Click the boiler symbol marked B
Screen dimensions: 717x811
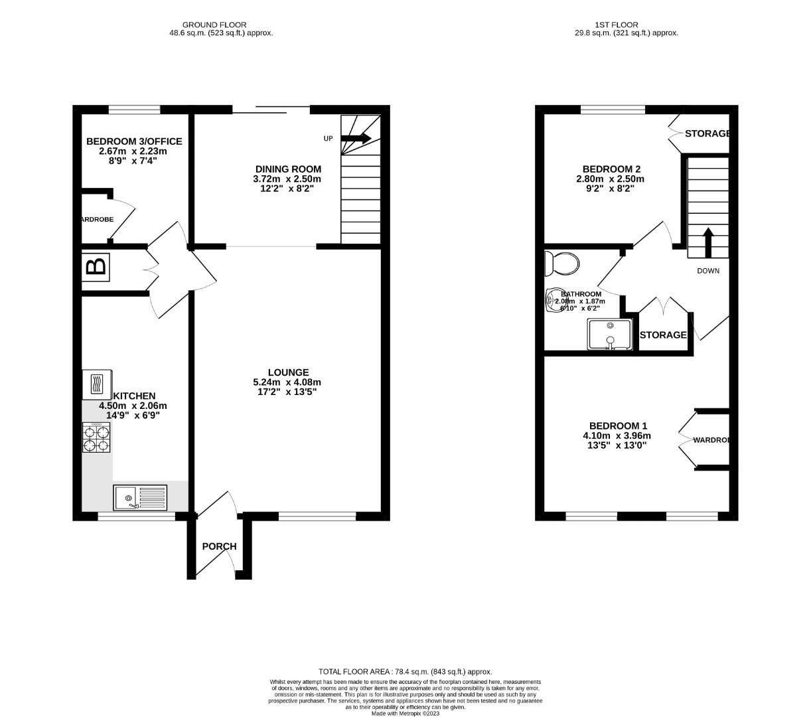pyautogui.click(x=96, y=267)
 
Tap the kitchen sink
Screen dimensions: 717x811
pyautogui.click(x=141, y=497)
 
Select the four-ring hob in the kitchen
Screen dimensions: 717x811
pyautogui.click(x=97, y=438)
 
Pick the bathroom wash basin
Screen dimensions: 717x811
pyautogui.click(x=554, y=301)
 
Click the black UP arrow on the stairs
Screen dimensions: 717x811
pyautogui.click(x=357, y=138)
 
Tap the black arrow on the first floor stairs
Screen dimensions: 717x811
pyautogui.click(x=707, y=242)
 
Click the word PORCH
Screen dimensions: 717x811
pyautogui.click(x=219, y=546)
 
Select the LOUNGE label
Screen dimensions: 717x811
pyautogui.click(x=288, y=372)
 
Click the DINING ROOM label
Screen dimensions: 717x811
pyautogui.click(x=288, y=169)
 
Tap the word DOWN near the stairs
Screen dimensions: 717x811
pyautogui.click(x=707, y=271)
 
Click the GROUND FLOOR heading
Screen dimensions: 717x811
pyautogui.click(x=218, y=25)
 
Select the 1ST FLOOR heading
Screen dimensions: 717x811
pyautogui.click(x=626, y=25)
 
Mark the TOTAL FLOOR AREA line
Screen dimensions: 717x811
pyautogui.click(x=405, y=671)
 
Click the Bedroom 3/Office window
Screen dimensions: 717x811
pyautogui.click(x=135, y=110)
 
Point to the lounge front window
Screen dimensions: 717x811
pyautogui.click(x=317, y=516)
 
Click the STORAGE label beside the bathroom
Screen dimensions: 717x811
pyautogui.click(x=663, y=335)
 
